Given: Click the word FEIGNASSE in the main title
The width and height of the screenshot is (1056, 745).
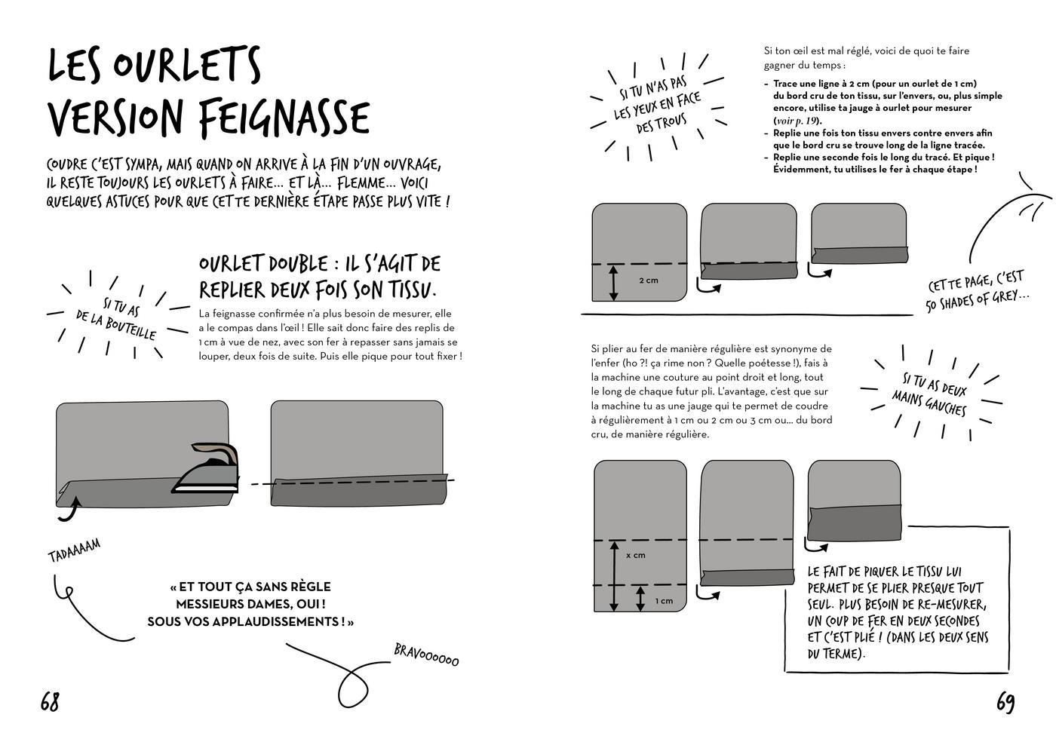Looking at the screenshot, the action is click(x=285, y=118).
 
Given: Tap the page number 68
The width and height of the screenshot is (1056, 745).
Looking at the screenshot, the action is click(x=50, y=702).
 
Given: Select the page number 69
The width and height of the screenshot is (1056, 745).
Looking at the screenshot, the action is click(x=1005, y=703).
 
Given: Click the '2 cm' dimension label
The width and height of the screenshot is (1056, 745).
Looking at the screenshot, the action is click(x=648, y=281).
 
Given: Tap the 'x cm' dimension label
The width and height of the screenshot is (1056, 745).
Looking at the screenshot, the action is click(x=635, y=555).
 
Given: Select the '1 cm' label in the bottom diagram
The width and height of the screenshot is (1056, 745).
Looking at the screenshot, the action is click(x=664, y=601).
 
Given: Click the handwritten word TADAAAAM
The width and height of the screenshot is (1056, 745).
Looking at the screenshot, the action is click(x=74, y=550).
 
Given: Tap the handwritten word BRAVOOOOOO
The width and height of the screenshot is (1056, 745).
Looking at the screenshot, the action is click(x=426, y=655).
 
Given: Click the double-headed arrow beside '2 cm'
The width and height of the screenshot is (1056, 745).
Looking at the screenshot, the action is click(x=612, y=282).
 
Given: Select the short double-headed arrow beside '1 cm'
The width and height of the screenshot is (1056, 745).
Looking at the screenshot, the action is click(x=640, y=599).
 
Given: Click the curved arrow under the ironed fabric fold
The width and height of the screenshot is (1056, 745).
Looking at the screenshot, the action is click(x=69, y=511).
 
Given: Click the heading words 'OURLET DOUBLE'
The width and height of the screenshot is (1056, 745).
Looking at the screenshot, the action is click(x=263, y=264).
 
